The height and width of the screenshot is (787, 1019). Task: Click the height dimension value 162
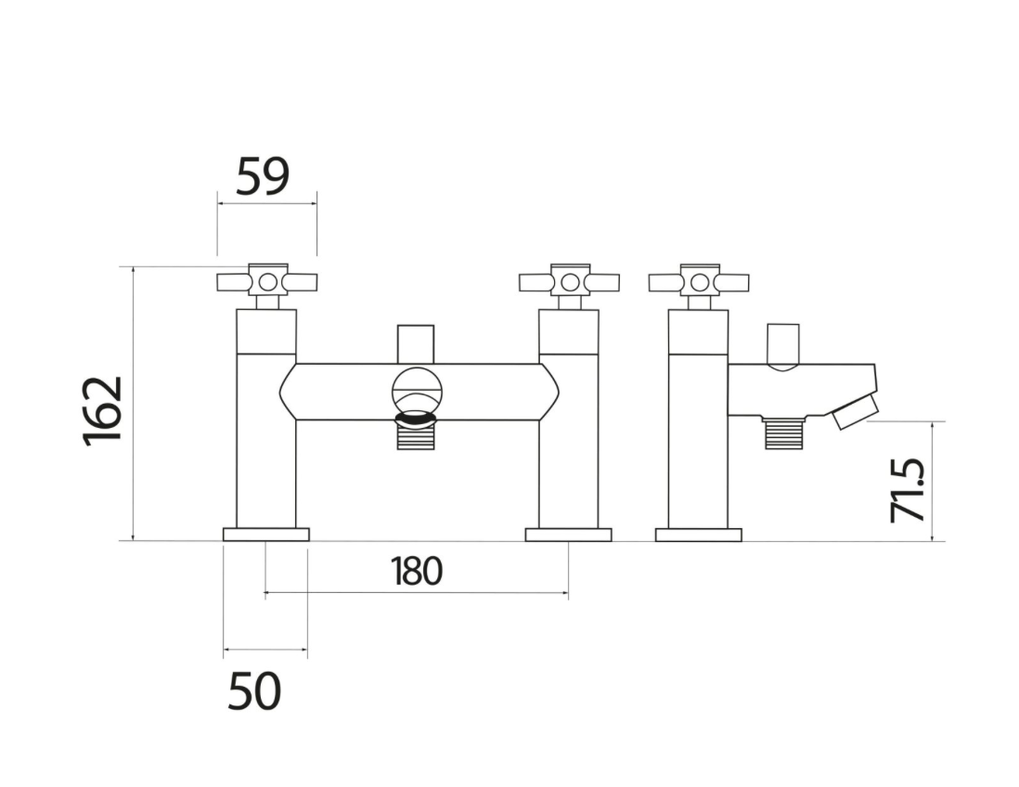click(x=103, y=410)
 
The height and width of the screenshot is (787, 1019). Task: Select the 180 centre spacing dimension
click(x=416, y=572)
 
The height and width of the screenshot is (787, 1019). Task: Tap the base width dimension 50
click(x=254, y=691)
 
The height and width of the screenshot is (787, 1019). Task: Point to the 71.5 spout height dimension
click(x=907, y=489)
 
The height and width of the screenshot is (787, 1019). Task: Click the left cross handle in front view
click(x=267, y=281)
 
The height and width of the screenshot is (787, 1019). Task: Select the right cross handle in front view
click(x=569, y=281)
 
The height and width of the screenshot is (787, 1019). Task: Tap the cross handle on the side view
click(x=699, y=281)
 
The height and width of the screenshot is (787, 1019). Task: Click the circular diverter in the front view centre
click(x=415, y=388)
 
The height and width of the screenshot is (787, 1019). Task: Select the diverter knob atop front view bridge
click(x=415, y=343)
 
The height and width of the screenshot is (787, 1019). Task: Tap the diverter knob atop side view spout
click(x=783, y=345)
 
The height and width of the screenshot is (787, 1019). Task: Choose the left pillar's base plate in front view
click(x=266, y=535)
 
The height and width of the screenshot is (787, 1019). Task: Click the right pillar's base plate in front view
click(x=568, y=535)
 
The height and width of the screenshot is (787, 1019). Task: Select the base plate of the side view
click(x=698, y=535)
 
